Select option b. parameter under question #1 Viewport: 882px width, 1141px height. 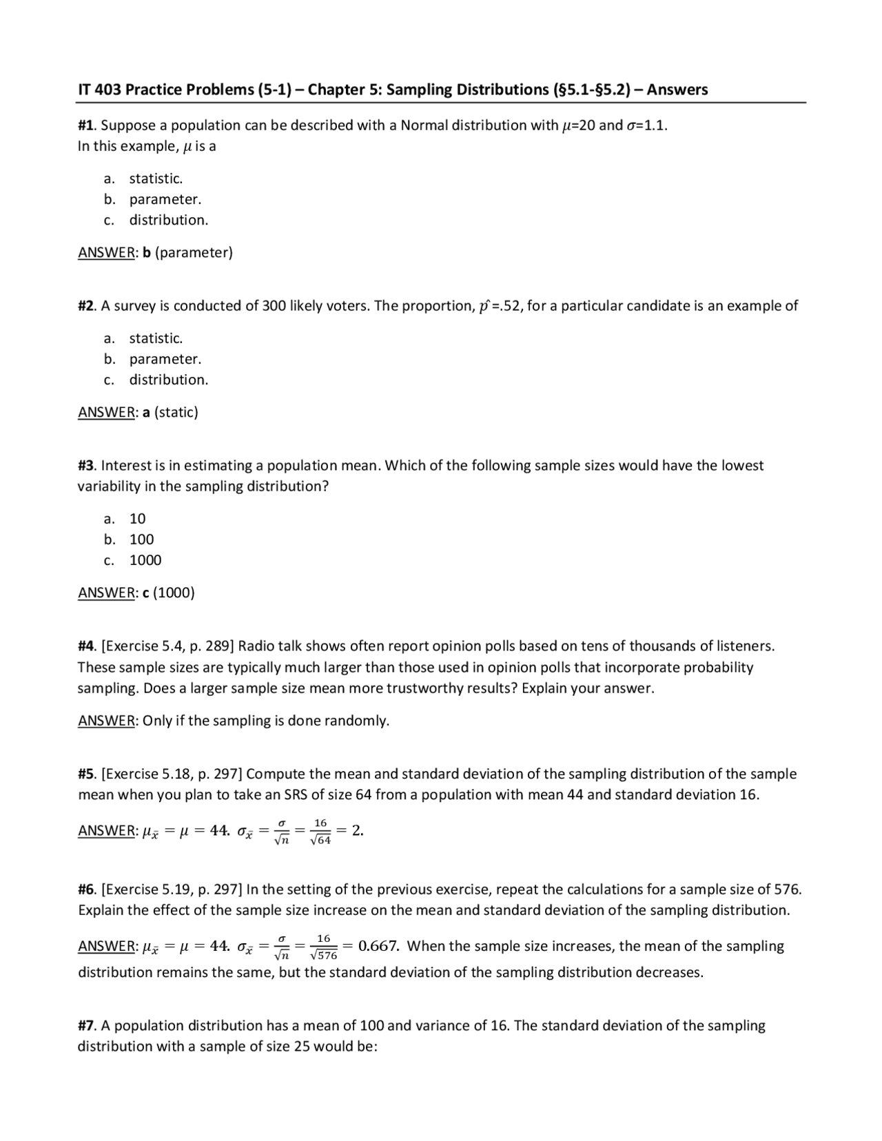pos(165,199)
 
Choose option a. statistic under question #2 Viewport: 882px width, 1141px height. pos(156,338)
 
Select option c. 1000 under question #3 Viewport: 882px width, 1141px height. pos(145,560)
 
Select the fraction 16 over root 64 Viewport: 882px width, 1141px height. pos(321,831)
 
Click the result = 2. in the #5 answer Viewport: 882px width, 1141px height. pos(353,831)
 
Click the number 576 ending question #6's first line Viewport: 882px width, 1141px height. pos(788,889)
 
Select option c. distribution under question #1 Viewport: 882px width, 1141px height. pos(168,220)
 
